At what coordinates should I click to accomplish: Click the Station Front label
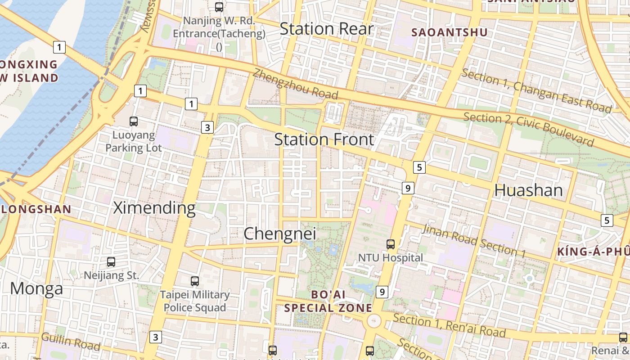point(324,139)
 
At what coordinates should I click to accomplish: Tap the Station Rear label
point(326,29)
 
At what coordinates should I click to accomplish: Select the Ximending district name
point(154,208)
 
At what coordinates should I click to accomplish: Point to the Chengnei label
point(279,234)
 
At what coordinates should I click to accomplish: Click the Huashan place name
point(528,190)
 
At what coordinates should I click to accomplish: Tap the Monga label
point(36,288)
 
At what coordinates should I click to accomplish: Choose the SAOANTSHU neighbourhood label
point(450,32)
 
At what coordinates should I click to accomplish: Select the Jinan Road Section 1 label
point(473,241)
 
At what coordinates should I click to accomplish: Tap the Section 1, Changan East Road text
point(536,91)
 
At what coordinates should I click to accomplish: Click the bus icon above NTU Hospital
point(391,244)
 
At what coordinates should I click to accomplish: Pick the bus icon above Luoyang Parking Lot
point(134,121)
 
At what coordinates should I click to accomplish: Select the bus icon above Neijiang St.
point(111,261)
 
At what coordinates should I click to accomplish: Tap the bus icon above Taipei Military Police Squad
point(195,281)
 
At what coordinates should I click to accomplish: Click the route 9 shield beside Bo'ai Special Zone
point(382,292)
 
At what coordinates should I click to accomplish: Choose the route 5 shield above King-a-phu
point(607,220)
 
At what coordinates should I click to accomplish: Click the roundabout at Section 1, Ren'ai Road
point(373,321)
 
